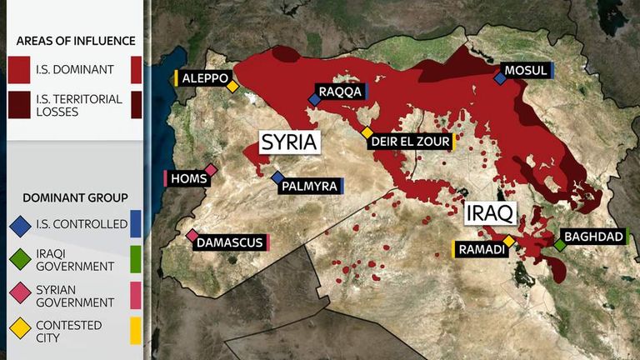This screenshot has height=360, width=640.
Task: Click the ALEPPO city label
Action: click(x=203, y=77)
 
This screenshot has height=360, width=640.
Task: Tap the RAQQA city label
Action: click(x=340, y=92)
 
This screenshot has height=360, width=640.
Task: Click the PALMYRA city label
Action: click(x=311, y=186)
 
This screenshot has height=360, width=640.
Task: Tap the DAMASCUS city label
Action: click(x=231, y=242)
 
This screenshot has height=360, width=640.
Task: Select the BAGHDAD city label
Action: click(x=593, y=237)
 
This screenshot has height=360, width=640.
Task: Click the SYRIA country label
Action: click(x=289, y=142)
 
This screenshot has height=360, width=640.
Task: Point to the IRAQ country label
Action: click(x=491, y=212)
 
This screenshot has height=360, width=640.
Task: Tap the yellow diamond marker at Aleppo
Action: click(x=233, y=86)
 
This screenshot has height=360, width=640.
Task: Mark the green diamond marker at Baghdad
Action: click(x=560, y=246)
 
